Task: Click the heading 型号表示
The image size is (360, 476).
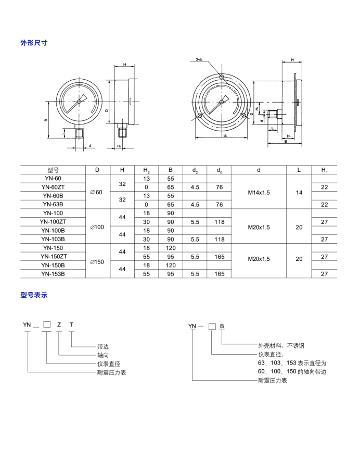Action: click(x=34, y=295)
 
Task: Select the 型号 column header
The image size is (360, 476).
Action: click(x=53, y=170)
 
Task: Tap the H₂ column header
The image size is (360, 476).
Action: click(x=146, y=170)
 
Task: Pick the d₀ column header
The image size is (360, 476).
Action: click(x=219, y=170)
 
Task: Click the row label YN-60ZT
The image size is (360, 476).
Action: click(x=53, y=187)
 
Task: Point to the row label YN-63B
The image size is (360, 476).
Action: click(x=53, y=205)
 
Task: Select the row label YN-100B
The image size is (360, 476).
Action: click(x=53, y=230)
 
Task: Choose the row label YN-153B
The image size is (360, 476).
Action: click(x=53, y=274)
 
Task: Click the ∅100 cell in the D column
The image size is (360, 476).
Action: click(x=97, y=227)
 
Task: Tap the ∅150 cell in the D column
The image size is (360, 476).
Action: click(x=97, y=261)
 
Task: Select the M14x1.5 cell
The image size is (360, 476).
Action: click(x=259, y=192)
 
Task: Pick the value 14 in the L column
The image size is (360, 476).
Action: click(x=299, y=192)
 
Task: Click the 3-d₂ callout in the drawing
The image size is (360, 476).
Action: click(x=200, y=60)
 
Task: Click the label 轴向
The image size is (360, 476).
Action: click(x=103, y=355)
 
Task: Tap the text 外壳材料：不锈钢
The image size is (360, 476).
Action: click(x=285, y=345)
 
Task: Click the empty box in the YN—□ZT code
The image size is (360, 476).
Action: click(x=46, y=324)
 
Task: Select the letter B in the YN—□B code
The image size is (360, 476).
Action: click(x=222, y=326)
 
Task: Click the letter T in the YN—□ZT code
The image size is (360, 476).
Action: click(x=71, y=324)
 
